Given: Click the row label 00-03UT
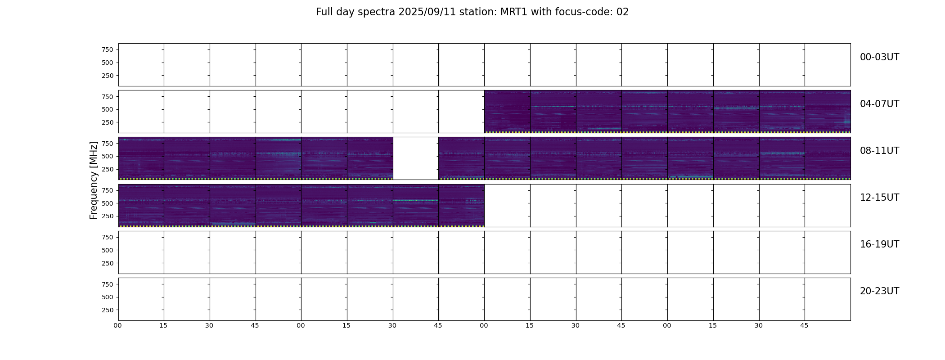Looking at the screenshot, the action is tap(879, 57).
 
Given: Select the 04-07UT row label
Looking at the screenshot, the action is tap(879, 104).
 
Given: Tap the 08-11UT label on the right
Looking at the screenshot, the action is tap(879, 151).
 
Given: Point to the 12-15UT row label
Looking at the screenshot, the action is tap(879, 198).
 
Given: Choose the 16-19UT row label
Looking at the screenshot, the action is tap(879, 244).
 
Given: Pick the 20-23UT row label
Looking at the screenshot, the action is tap(879, 291).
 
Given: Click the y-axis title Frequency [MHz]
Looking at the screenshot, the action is tap(94, 180).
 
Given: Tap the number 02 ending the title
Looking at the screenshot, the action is tap(622, 12).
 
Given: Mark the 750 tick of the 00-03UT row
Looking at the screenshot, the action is tap(108, 49).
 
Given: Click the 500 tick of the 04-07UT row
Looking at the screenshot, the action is tap(108, 109).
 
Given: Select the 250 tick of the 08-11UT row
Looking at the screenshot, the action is tap(108, 169).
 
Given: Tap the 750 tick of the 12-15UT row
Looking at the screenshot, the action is tap(108, 190).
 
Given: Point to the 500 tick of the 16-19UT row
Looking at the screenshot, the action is tap(108, 250).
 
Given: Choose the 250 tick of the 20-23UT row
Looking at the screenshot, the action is tap(108, 310).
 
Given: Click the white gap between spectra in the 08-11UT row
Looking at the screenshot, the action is tap(416, 158).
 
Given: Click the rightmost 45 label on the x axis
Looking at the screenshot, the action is tap(804, 325).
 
